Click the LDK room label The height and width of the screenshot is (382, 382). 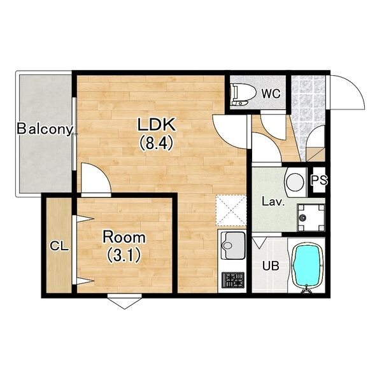(x=156, y=125)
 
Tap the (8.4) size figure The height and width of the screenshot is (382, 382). (x=156, y=143)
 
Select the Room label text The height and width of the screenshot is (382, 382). (x=124, y=237)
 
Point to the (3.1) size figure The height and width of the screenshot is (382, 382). (x=124, y=255)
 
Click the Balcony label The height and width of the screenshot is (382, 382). (x=45, y=129)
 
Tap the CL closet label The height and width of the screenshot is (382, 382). (x=59, y=246)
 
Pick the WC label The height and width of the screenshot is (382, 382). (x=271, y=94)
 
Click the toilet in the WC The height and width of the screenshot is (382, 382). (x=243, y=94)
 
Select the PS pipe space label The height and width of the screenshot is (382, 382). (x=319, y=180)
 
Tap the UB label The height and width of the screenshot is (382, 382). (x=271, y=265)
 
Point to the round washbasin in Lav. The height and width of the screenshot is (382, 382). (x=295, y=182)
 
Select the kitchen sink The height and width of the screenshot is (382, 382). (x=233, y=246)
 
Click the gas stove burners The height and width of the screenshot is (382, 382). (x=232, y=280)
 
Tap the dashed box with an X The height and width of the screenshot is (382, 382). (x=231, y=211)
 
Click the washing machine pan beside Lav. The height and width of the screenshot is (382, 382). (x=311, y=218)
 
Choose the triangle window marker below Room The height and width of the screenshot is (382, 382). (x=125, y=301)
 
